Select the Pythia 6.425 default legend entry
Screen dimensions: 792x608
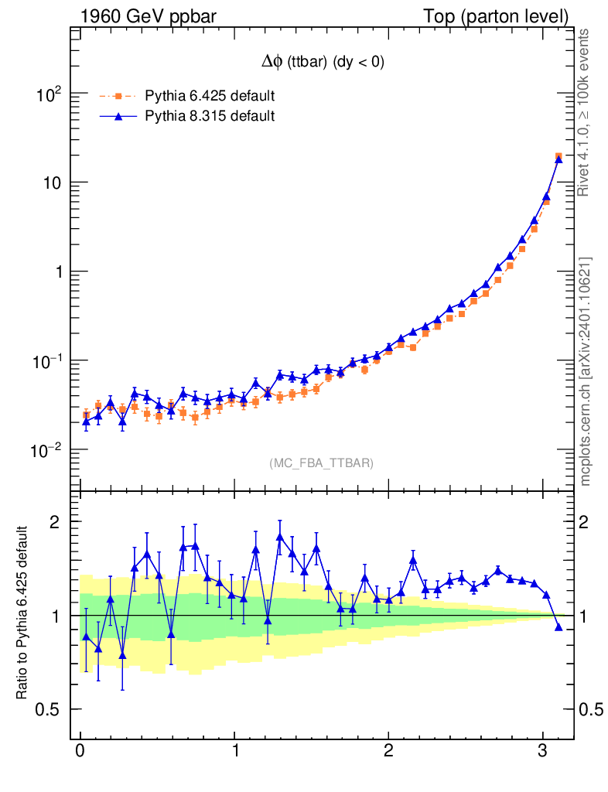click(210, 96)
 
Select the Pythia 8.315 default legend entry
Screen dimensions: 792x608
click(210, 116)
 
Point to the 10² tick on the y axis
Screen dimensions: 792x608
click(50, 94)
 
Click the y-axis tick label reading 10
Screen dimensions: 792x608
click(52, 183)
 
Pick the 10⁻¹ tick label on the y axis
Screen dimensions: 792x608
click(48, 361)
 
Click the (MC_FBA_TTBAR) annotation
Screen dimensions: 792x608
click(322, 463)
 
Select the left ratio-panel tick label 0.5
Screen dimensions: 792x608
click(50, 709)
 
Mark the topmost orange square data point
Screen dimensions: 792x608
click(558, 156)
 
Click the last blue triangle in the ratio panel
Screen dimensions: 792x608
click(558, 626)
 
